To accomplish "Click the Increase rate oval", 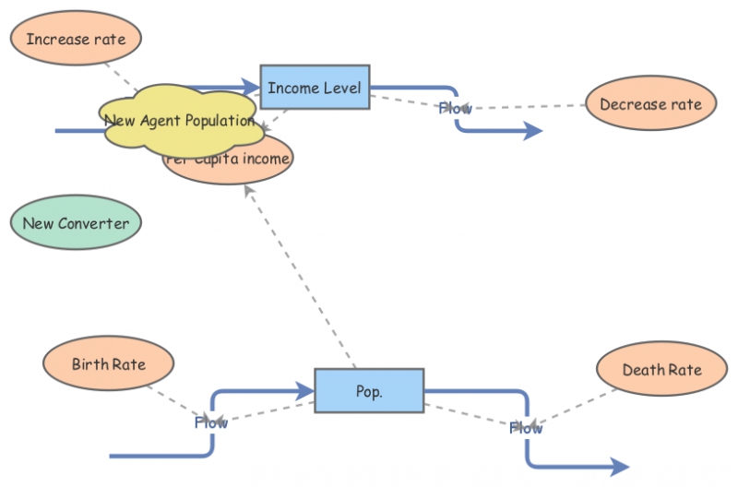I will tap(76, 39).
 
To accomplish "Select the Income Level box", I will tap(315, 89).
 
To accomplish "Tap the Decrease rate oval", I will tap(650, 104).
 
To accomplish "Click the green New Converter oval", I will tap(76, 223).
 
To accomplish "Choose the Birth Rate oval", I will tap(109, 363).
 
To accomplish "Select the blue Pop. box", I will tap(369, 391).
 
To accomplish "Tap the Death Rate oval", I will tap(661, 370).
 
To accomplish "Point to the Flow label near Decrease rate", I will tap(455, 108).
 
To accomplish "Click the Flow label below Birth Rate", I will tap(210, 422).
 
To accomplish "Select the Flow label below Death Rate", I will tap(526, 427).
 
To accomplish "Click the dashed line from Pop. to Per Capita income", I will tap(300, 277).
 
